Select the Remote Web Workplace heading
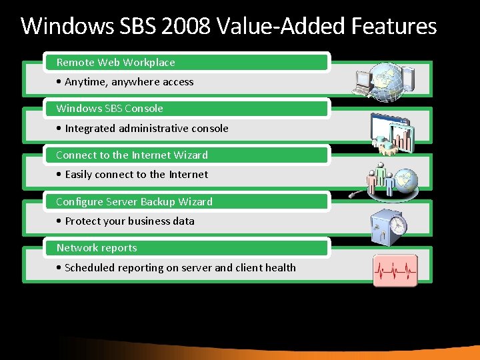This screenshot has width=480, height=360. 115,63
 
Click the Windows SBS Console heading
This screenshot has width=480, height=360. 109,109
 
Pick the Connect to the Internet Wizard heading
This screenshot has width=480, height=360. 132,155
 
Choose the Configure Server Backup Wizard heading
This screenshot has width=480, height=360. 134,201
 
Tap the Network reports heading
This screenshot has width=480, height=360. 97,248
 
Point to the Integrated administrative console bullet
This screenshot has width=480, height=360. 143,129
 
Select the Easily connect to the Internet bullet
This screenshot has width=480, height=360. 133,175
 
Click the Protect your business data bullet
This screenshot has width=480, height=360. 126,221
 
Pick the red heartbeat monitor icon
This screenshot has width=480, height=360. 395,271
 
